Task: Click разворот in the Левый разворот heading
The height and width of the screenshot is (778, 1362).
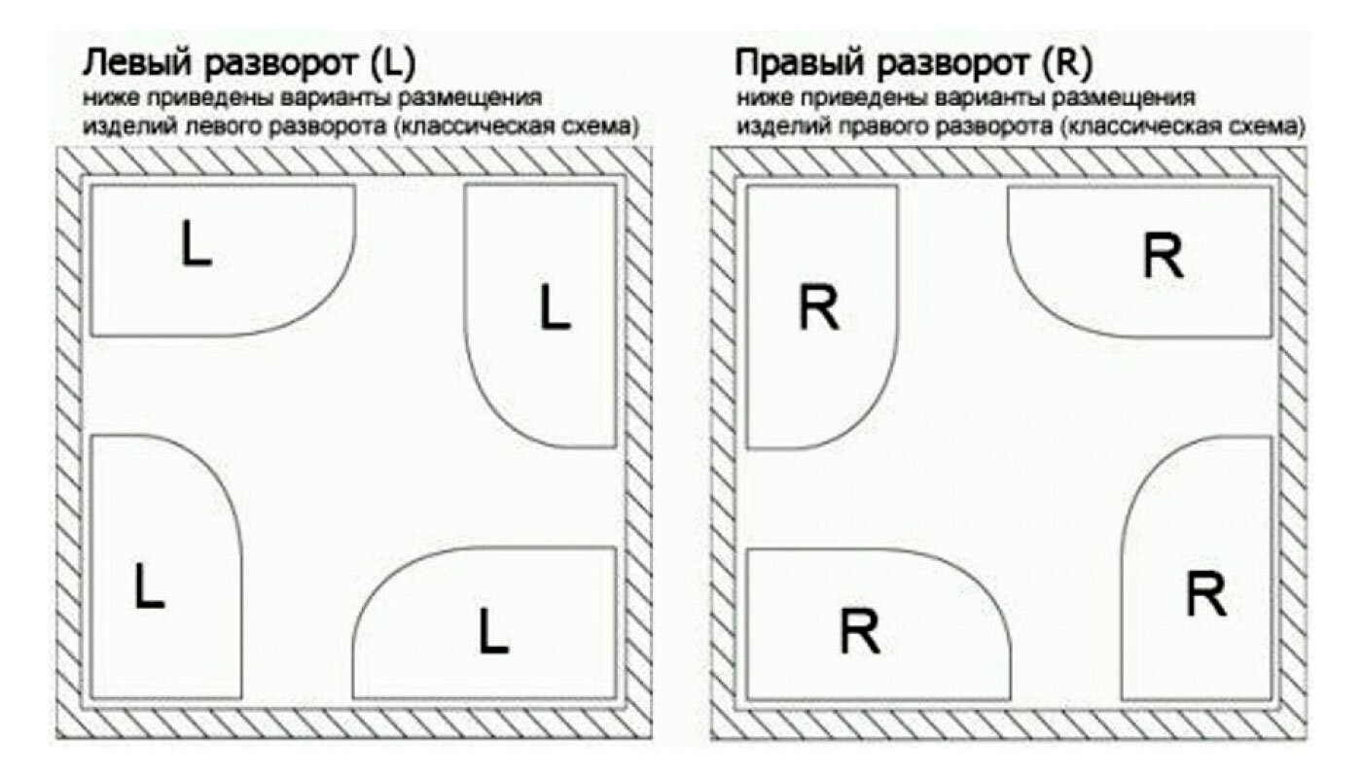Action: coord(282,64)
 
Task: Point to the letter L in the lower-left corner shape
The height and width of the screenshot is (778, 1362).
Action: coord(149,586)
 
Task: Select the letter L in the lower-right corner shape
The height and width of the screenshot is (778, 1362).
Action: coord(493,631)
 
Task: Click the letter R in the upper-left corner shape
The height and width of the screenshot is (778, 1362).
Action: coord(818,309)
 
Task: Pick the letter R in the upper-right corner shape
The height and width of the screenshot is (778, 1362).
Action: coord(1163,257)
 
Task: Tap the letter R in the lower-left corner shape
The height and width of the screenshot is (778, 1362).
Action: coord(860,632)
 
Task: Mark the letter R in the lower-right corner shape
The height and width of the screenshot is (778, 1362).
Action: coord(1205,594)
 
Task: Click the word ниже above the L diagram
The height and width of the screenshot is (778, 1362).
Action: coord(105,98)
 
